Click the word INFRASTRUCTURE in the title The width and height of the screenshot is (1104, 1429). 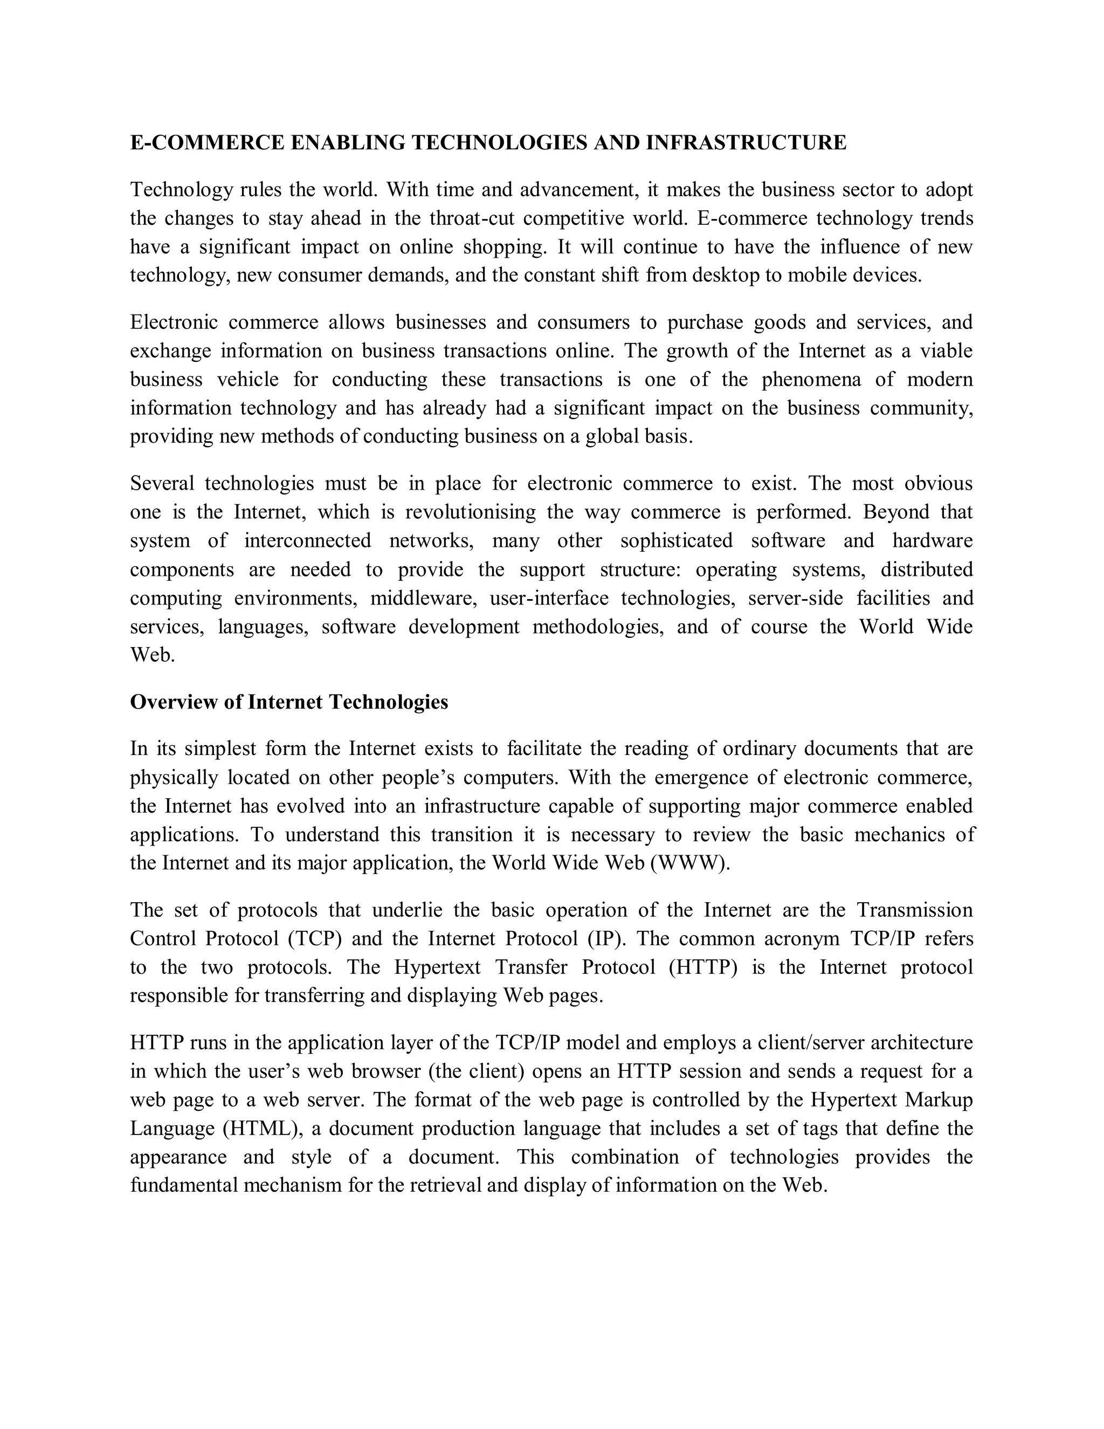[x=746, y=143]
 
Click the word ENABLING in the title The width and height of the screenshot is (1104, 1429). [x=347, y=143]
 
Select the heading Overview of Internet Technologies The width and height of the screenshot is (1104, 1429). [x=289, y=702]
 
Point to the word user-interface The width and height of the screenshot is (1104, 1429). [x=549, y=598]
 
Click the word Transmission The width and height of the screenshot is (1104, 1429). [x=915, y=910]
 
